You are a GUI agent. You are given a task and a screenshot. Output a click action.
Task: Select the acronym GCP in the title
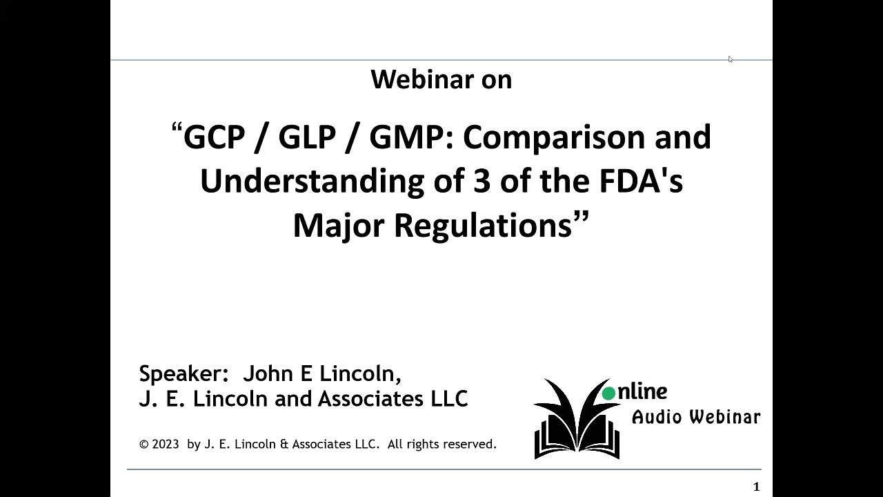(x=214, y=137)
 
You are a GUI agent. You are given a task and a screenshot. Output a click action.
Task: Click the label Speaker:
(x=183, y=374)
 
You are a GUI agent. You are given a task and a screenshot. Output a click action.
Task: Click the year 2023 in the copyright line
(x=166, y=445)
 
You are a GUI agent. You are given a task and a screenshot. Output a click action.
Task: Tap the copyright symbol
(x=143, y=445)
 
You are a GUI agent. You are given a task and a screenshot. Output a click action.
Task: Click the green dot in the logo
(x=608, y=394)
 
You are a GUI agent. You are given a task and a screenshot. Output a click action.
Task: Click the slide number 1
(x=757, y=487)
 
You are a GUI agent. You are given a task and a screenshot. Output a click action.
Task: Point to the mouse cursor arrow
(x=730, y=59)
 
